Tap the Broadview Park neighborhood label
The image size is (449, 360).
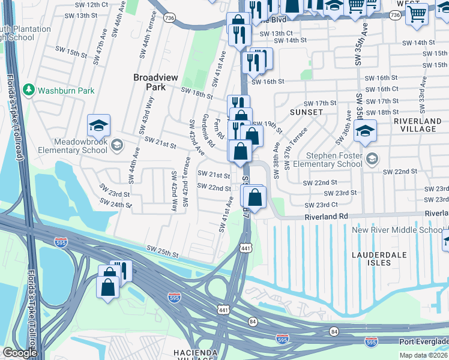point(149,82)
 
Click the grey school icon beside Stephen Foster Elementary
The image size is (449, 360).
point(373,158)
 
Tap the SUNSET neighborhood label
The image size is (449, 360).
point(306,112)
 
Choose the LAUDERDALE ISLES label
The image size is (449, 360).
point(379,256)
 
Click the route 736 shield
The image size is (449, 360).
point(170,19)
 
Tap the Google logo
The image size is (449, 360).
point(20,353)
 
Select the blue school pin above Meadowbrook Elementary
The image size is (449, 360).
point(98,125)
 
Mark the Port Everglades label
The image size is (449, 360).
point(424,341)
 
